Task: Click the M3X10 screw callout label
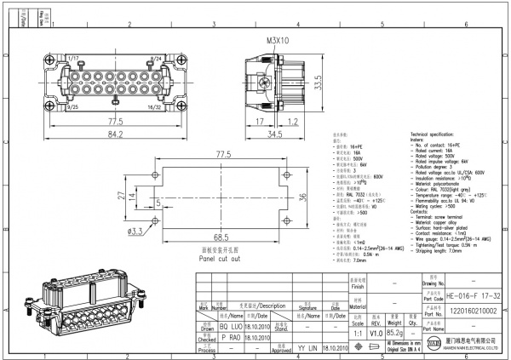coord(278,40)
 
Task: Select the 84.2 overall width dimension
coord(115,134)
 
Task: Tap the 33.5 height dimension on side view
coord(317,83)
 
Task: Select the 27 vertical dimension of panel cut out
coord(120,195)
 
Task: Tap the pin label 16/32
coord(155,108)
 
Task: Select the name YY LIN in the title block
coord(307,348)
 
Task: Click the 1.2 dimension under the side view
coord(292,122)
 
